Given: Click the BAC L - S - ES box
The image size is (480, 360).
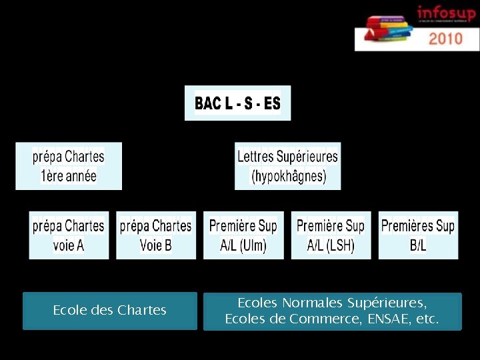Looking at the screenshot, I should (x=237, y=103).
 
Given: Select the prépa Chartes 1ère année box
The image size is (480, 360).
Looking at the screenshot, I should (x=69, y=166).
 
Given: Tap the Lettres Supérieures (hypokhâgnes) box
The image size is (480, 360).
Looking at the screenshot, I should (x=287, y=166).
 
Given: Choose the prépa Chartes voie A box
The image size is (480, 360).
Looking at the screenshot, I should (x=69, y=235).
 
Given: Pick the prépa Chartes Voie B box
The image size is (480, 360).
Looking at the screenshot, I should (x=156, y=235).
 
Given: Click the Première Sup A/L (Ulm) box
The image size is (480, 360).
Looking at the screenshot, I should (x=243, y=235).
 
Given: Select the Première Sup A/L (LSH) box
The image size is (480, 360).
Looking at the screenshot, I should (x=331, y=235).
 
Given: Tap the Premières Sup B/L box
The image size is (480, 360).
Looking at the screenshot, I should (x=418, y=235).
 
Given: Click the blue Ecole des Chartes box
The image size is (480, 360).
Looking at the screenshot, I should (x=110, y=311).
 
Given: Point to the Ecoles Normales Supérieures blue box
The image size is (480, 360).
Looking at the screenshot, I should (x=332, y=311).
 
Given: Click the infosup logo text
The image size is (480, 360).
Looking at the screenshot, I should (x=446, y=13).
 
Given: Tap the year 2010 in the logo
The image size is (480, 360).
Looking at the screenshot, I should (x=445, y=38).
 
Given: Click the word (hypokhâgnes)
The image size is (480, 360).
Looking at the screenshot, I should (x=288, y=177).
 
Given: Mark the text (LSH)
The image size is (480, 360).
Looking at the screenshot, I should (x=340, y=246).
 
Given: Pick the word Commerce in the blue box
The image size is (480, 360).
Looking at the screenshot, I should (x=315, y=319).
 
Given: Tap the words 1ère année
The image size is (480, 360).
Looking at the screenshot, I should (x=69, y=177).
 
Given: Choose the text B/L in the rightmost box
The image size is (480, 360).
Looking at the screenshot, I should (x=418, y=246).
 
